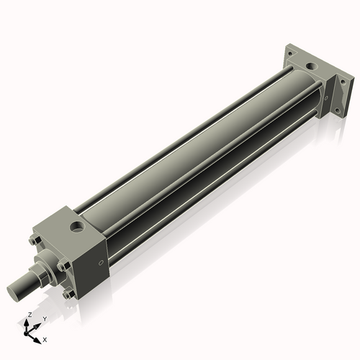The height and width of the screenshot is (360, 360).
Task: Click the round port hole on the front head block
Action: click(x=75, y=230)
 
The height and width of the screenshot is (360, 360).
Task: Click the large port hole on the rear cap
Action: click(x=310, y=68)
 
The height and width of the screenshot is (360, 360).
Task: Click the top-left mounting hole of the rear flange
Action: click(x=289, y=53)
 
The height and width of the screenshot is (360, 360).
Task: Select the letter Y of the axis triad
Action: click(x=44, y=318)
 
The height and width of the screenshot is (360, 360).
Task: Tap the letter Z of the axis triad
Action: click(x=30, y=315)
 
